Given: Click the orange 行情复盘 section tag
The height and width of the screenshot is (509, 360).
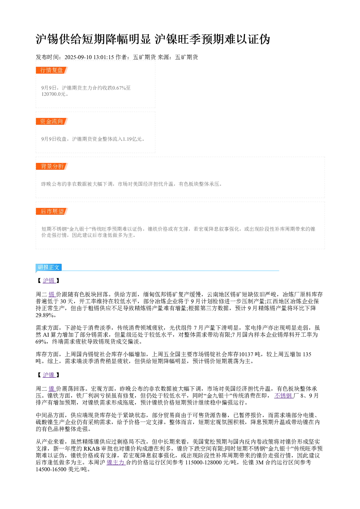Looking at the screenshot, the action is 52,70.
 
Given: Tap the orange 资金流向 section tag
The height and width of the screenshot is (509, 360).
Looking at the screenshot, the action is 52,121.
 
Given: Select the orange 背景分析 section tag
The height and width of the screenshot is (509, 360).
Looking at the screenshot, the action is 52,166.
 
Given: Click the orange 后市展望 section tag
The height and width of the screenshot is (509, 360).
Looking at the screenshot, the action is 52,211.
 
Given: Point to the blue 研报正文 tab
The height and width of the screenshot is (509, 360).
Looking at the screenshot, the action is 49,267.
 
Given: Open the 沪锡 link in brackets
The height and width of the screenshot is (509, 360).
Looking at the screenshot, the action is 49,281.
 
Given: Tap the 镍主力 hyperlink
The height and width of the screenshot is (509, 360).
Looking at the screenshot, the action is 116,463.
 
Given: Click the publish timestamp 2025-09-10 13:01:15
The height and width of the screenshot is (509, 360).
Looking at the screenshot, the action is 89,57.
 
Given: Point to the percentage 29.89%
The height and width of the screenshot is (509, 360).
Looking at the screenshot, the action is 44,315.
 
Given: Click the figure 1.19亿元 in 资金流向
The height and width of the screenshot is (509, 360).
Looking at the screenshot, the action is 132,139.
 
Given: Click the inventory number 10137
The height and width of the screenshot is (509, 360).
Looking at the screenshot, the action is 246,354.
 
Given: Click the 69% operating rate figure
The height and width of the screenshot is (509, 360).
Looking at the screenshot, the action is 41,341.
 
